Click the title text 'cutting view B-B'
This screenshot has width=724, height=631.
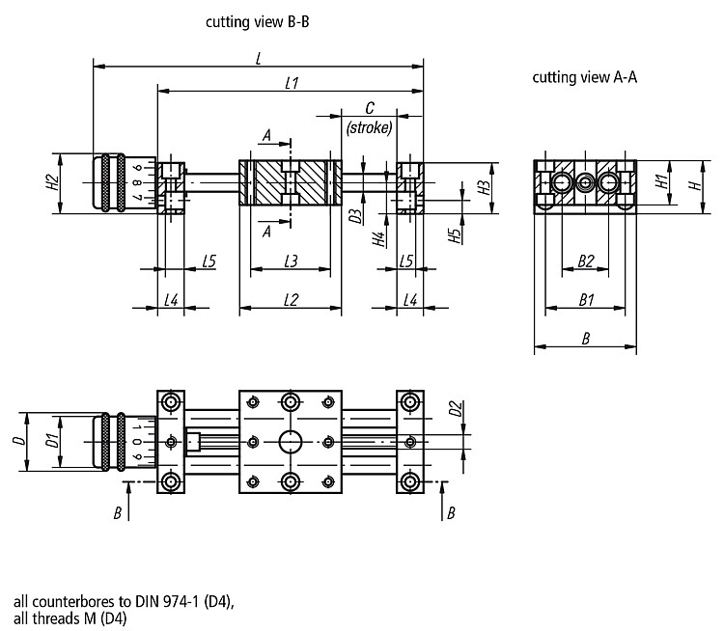(257, 21)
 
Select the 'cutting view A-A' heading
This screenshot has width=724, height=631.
(585, 77)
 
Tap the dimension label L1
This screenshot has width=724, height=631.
(292, 83)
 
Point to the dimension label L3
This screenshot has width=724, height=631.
(291, 261)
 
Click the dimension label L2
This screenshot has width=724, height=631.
(291, 300)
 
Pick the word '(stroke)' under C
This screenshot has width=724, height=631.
(369, 127)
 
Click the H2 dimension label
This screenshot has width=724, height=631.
(53, 182)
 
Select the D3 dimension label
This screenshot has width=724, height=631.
(355, 216)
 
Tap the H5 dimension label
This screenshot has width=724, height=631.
(455, 235)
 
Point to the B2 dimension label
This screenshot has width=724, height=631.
(586, 261)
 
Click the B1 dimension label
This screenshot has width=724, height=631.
(586, 300)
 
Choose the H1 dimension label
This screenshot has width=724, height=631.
(661, 181)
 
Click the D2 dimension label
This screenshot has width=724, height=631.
(455, 408)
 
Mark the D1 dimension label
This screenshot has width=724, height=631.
(52, 441)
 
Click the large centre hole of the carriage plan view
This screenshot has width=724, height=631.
(291, 442)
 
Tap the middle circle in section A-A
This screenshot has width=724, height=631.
(585, 182)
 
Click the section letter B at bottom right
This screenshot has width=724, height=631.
(451, 513)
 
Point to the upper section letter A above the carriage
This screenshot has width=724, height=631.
(266, 136)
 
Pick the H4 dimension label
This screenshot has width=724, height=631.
(378, 239)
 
